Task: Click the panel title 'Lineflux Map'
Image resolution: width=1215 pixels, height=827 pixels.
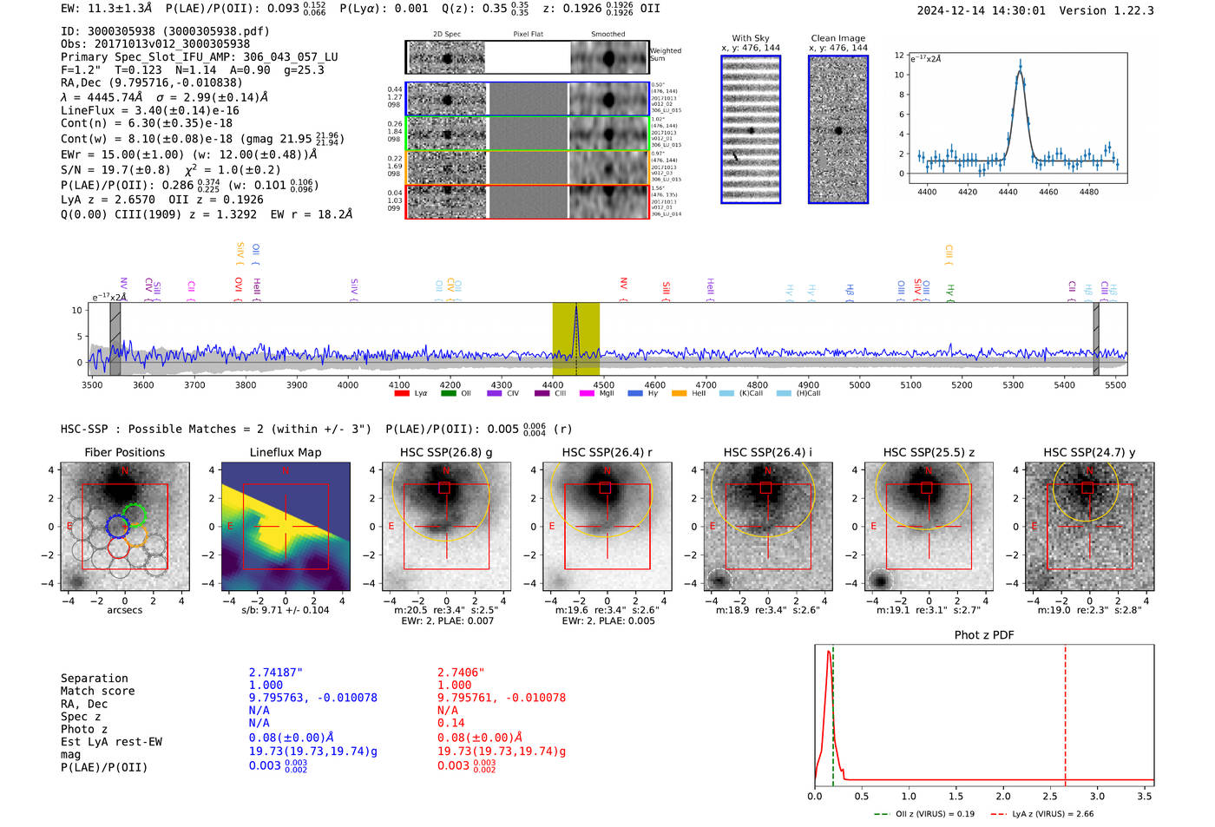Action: (286, 452)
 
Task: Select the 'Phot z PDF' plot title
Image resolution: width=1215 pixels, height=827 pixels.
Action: (984, 635)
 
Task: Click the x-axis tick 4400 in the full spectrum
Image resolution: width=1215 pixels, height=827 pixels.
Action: (553, 385)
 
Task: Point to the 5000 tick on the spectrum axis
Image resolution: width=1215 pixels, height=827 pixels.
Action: (859, 385)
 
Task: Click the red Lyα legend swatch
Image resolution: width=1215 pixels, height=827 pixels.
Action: (402, 394)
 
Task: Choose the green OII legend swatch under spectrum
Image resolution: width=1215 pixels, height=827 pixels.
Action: (448, 394)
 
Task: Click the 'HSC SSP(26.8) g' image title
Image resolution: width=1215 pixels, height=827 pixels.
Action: (446, 452)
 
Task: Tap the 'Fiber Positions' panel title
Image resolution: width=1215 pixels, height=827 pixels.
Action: (125, 452)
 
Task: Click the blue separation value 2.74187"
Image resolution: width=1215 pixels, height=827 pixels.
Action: (276, 673)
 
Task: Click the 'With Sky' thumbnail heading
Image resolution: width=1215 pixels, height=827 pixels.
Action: (751, 38)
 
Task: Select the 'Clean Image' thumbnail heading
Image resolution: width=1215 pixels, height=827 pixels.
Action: (838, 38)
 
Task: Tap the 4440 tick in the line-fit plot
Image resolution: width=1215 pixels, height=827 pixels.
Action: (1008, 192)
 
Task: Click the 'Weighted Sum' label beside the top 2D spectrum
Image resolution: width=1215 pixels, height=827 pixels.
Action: (666, 55)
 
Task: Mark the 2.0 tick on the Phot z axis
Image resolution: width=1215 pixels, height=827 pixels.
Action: (1003, 796)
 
